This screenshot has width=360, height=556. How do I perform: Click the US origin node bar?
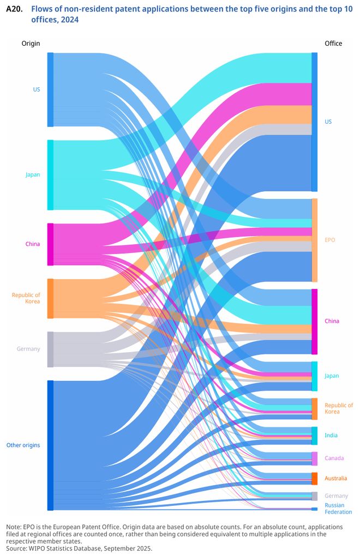click(50, 89)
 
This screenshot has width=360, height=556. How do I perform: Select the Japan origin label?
click(33, 175)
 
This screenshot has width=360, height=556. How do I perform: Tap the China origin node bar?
click(50, 244)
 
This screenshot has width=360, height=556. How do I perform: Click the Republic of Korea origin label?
click(26, 298)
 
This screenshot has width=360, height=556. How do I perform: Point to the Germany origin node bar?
click(50, 349)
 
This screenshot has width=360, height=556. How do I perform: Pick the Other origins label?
click(23, 445)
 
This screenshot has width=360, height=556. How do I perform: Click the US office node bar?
click(314, 122)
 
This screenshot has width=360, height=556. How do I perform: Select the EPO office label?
click(330, 240)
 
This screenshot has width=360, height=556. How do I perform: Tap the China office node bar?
click(314, 322)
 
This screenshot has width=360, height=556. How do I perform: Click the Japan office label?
click(332, 376)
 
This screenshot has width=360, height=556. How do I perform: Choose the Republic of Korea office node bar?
click(314, 409)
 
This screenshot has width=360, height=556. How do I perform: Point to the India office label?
click(331, 436)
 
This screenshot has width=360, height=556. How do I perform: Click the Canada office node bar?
click(314, 458)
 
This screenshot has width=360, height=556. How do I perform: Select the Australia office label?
click(335, 479)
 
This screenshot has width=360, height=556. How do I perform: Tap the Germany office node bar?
click(314, 496)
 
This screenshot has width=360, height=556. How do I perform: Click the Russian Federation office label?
click(338, 509)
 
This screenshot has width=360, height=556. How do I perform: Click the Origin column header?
click(31, 44)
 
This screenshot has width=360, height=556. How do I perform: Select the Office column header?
click(333, 44)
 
